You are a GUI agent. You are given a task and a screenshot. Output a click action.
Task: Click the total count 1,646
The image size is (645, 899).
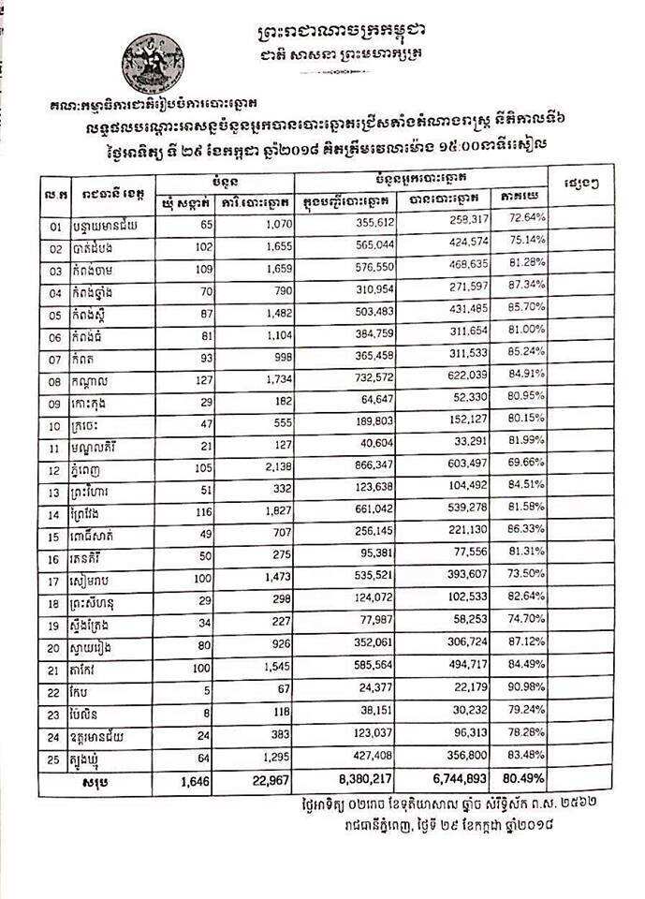pyautogui.click(x=187, y=777)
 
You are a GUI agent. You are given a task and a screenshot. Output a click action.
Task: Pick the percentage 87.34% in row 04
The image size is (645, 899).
pyautogui.click(x=527, y=285)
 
